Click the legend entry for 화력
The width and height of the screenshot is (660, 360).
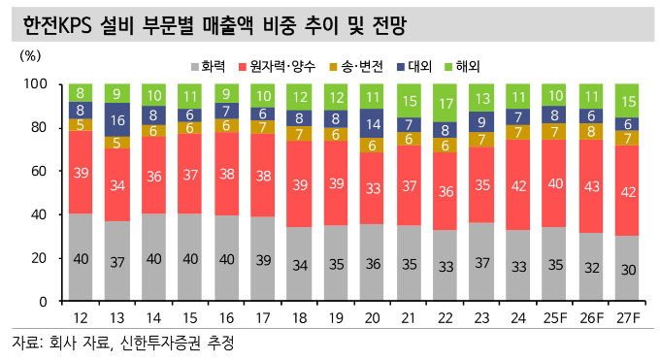click(x=211, y=67)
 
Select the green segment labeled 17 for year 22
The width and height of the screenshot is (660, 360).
click(x=445, y=103)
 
